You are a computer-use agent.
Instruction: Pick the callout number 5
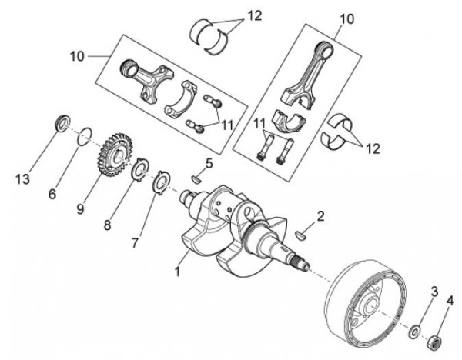(x=209, y=163)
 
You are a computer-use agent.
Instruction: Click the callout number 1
(x=179, y=271)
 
